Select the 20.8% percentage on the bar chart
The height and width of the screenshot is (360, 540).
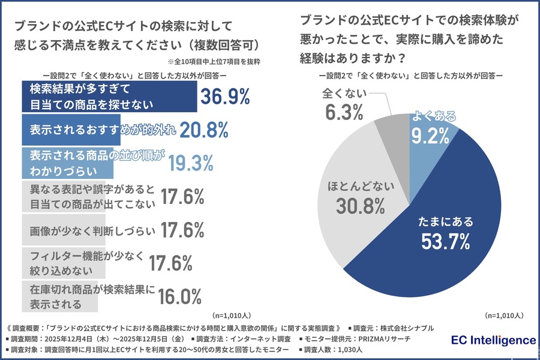tap(204, 129)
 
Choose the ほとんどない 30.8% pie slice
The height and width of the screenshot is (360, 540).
tap(360, 198)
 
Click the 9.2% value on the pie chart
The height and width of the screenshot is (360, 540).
tap(430, 136)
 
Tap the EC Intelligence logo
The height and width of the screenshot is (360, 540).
tap(493, 340)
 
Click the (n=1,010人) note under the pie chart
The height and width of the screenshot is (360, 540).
tap(504, 314)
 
